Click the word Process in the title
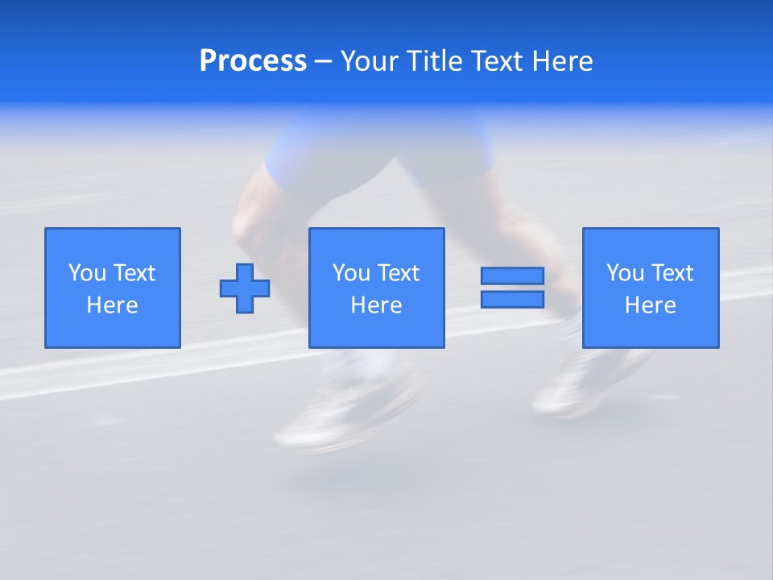pos(253,61)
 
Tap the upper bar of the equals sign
pos(512,275)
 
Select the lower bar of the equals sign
pos(512,299)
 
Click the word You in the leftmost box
pos(87,273)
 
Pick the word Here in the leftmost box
pos(112,305)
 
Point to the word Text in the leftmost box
pos(134,273)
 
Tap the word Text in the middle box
pos(398,273)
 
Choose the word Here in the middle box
pos(376,305)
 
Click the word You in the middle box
pos(351,273)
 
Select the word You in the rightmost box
pos(625,273)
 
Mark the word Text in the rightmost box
pos(672,273)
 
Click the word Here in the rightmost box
pos(650,305)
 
